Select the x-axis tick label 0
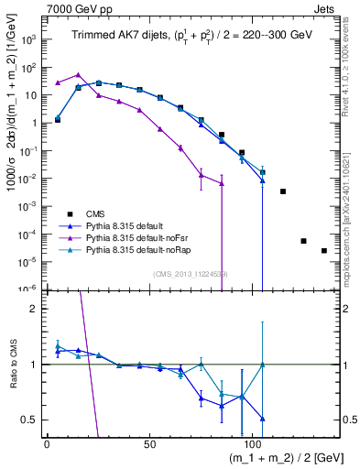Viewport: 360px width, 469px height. tap(47, 443)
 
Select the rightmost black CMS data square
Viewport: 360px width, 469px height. tap(323, 250)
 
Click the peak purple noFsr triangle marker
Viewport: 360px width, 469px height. tap(78, 75)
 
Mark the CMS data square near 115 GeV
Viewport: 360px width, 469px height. tap(283, 191)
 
